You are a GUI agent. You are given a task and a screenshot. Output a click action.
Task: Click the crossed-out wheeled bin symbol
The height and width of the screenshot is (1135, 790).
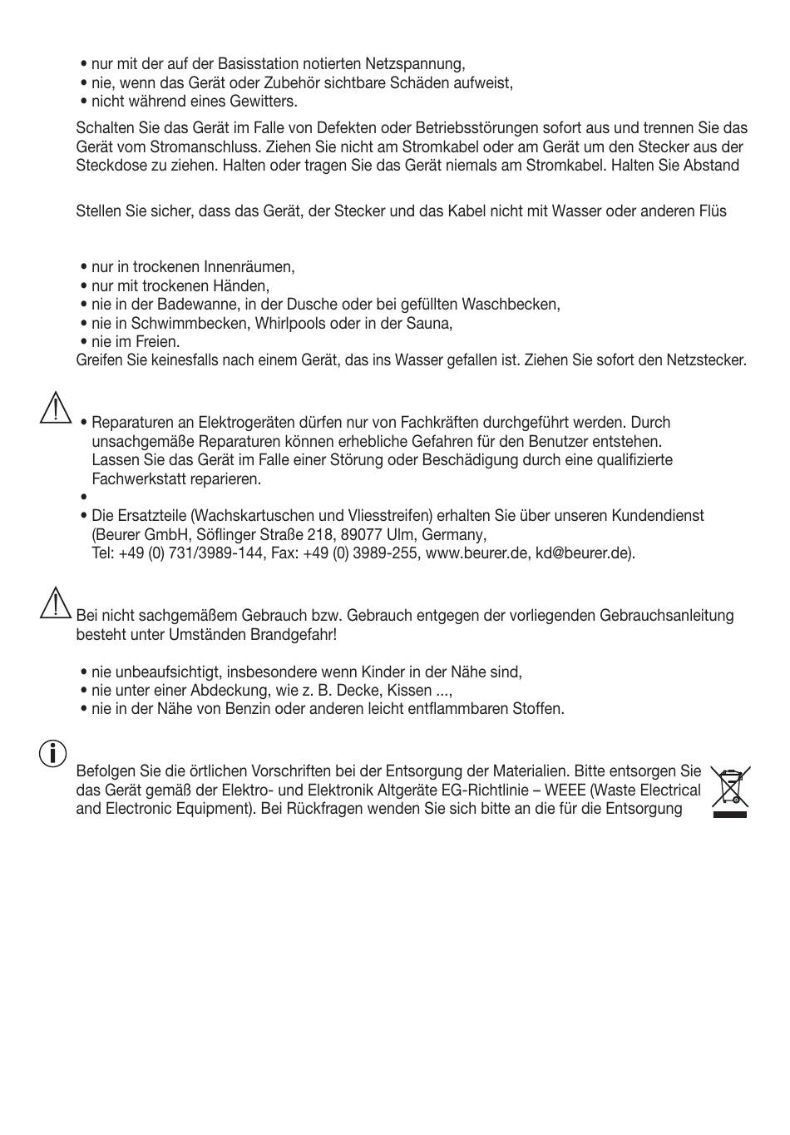pos(730,791)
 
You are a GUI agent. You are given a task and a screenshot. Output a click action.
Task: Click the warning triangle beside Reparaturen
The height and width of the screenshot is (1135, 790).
pos(55,409)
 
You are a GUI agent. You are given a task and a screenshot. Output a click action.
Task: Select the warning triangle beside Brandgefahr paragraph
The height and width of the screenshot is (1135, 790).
pos(55,602)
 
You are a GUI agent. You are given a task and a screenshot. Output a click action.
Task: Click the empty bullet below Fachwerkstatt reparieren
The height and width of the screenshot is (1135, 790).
pos(84,498)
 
